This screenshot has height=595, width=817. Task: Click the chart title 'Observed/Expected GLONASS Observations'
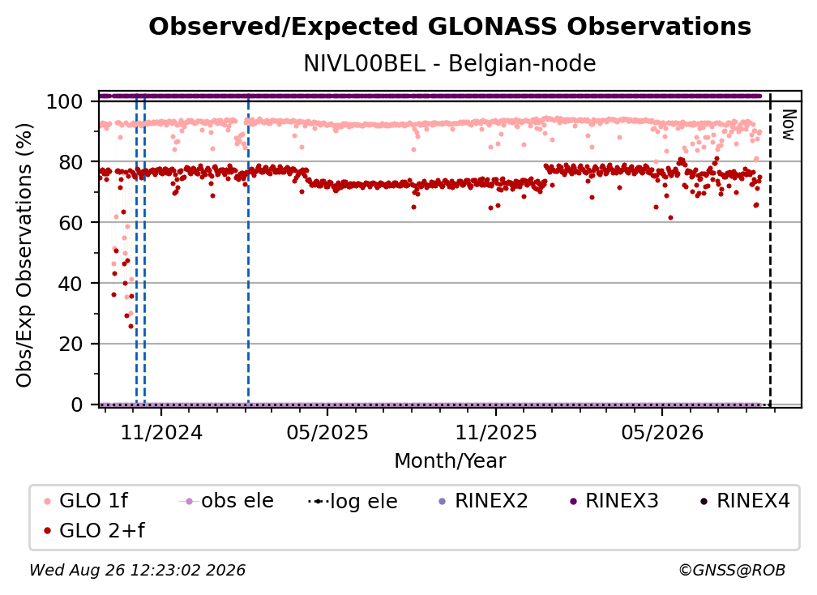coord(450,27)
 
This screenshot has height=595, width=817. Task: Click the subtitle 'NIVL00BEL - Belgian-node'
coord(450,63)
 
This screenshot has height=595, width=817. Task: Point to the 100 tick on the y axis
coord(65,101)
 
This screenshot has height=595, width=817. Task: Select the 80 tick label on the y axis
coord(71,162)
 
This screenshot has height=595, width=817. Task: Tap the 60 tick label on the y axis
coord(71,222)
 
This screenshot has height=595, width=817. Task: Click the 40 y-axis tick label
coord(71,284)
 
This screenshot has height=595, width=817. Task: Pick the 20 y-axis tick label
coord(71,344)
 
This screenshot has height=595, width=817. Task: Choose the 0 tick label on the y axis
coord(77,405)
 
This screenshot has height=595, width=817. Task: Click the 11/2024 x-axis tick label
coord(161,432)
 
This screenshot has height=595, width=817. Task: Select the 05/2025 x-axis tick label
coord(327,432)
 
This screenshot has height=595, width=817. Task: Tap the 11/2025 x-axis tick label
coord(496,432)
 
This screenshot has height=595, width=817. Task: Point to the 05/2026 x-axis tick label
coord(662,432)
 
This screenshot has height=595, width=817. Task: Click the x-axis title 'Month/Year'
coord(450,460)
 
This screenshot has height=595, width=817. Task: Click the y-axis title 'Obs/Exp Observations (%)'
coord(24,255)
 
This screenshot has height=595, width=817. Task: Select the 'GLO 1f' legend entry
coord(86,501)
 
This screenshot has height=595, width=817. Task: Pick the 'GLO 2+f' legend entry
coord(94,530)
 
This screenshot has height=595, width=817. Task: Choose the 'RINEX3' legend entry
coord(614,501)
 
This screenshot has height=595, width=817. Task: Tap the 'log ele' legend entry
coord(353,501)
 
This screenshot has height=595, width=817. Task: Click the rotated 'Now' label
coord(789,125)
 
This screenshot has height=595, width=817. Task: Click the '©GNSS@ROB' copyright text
coord(732,570)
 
